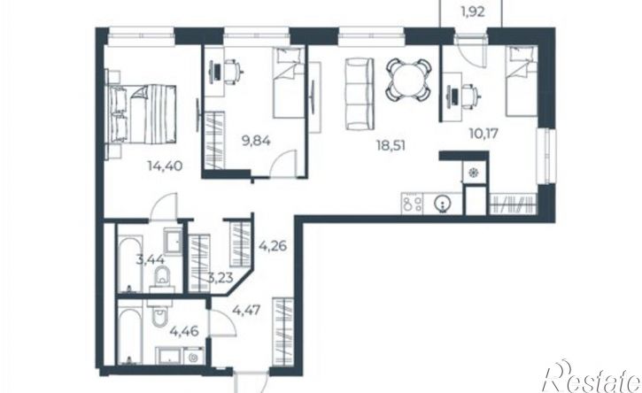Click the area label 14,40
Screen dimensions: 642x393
pyautogui.click(x=165, y=166)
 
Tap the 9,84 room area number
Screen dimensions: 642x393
pyautogui.click(x=256, y=142)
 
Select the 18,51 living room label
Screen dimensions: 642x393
pyautogui.click(x=391, y=145)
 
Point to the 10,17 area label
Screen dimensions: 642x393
pyautogui.click(x=484, y=134)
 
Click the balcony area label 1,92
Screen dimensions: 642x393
pyautogui.click(x=473, y=12)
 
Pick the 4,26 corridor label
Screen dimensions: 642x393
pyautogui.click(x=273, y=246)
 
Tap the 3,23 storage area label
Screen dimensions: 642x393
pyautogui.click(x=220, y=278)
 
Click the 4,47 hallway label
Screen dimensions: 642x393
pyautogui.click(x=246, y=310)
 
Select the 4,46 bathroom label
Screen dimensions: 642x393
pyautogui.click(x=184, y=330)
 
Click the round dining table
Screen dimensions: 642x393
pyautogui.click(x=408, y=80)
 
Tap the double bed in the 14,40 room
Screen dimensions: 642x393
pyautogui.click(x=143, y=114)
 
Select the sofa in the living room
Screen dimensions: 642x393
pyautogui.click(x=360, y=94)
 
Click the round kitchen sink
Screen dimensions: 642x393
pyautogui.click(x=443, y=203)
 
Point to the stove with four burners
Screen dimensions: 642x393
pyautogui.click(x=413, y=203)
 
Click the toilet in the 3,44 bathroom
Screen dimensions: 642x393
pyautogui.click(x=163, y=278)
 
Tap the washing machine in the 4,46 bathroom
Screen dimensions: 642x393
pyautogui.click(x=194, y=356)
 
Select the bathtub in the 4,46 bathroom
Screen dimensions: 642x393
pyautogui.click(x=130, y=335)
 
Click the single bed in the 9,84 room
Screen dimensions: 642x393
pyautogui.click(x=289, y=82)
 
